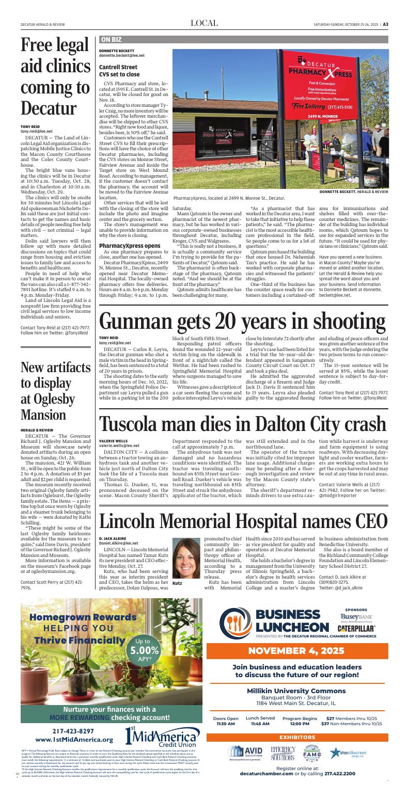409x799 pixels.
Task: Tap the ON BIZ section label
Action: (111, 39)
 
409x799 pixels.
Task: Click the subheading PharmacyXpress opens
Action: (130, 245)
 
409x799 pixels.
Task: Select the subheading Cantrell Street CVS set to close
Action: (119, 71)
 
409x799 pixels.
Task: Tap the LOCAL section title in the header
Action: (204, 23)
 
